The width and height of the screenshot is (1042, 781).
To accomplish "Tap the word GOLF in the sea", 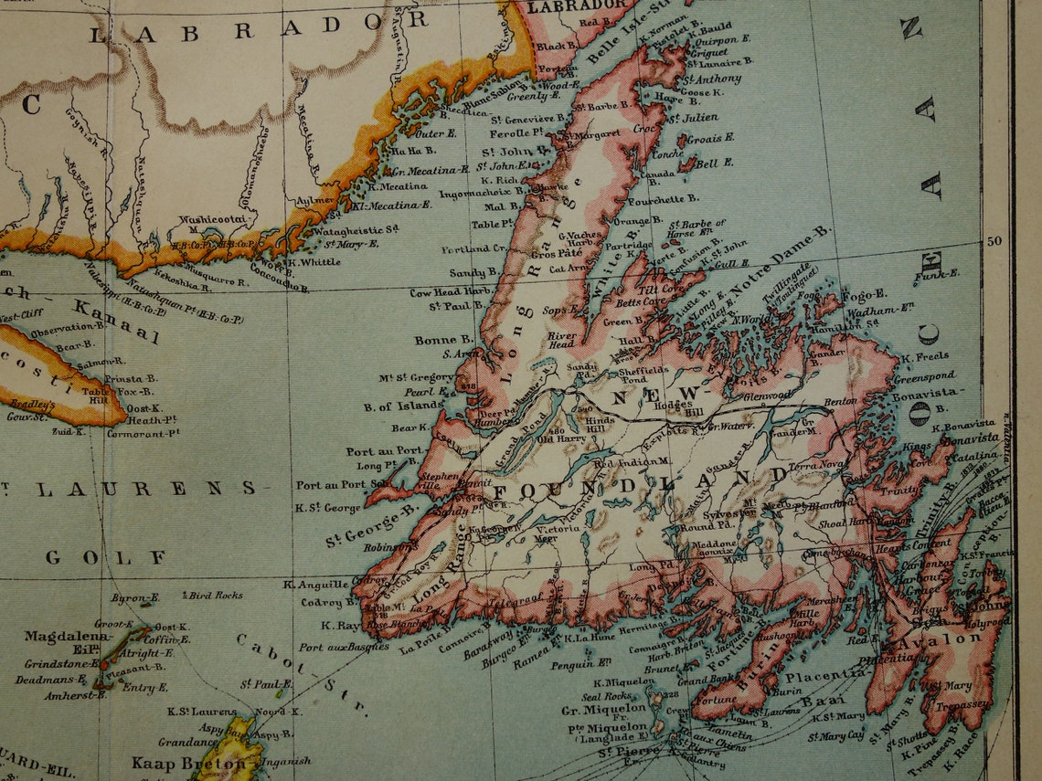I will tap(105, 556).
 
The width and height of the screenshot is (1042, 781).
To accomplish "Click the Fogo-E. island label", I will tap(863, 294).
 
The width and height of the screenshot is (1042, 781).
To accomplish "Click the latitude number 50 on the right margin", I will tap(995, 241).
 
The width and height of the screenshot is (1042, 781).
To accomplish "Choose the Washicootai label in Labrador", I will tap(214, 219).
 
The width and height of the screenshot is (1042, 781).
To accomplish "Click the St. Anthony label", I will tap(718, 79).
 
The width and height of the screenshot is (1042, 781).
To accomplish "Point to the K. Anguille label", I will tap(315, 585).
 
